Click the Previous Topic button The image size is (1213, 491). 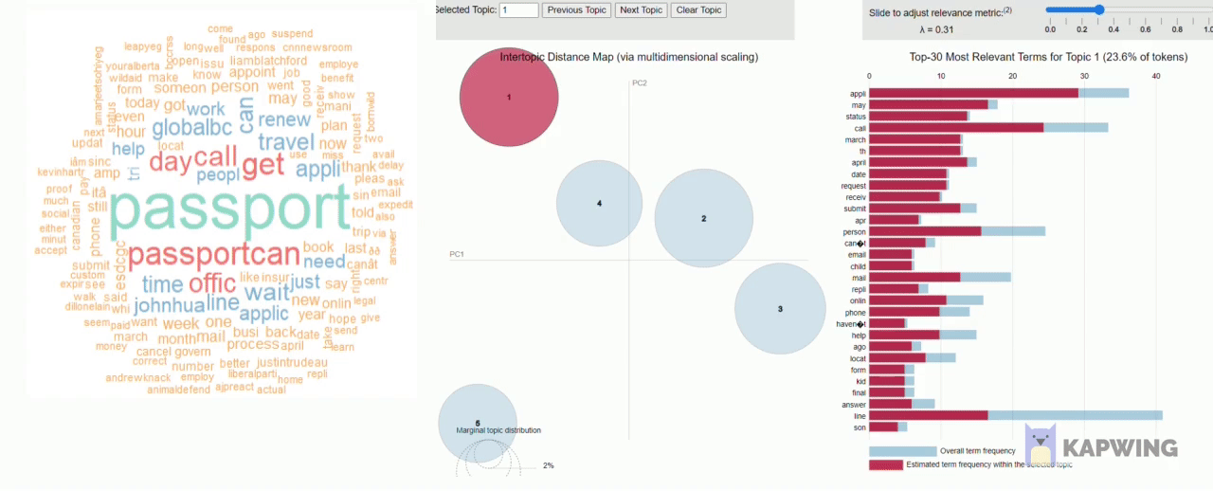pos(577,10)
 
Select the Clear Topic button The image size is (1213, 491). pos(698,10)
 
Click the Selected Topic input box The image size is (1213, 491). pos(519,10)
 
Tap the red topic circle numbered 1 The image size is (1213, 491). pos(509,98)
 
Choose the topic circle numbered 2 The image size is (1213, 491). pos(703,219)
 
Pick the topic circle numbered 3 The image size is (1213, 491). pos(780,309)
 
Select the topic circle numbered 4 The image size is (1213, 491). pos(599,204)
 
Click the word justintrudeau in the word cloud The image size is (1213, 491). pos(292,362)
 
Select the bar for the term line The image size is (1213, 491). pos(1015,415)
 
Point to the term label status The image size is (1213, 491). pos(855,117)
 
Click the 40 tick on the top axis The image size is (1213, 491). pos(1155,77)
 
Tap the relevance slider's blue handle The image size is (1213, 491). pos(1099,10)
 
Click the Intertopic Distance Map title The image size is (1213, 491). pos(628,57)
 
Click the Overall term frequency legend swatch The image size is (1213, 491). pos(902,451)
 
